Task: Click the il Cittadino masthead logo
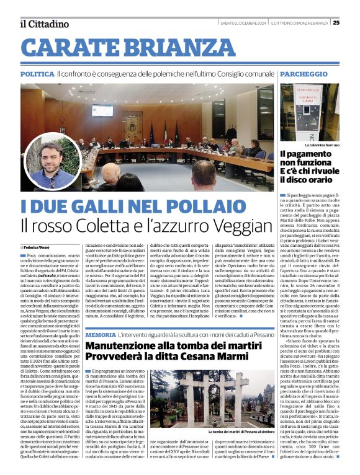(43, 24)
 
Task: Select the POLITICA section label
(37, 74)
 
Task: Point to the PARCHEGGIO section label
(304, 74)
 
